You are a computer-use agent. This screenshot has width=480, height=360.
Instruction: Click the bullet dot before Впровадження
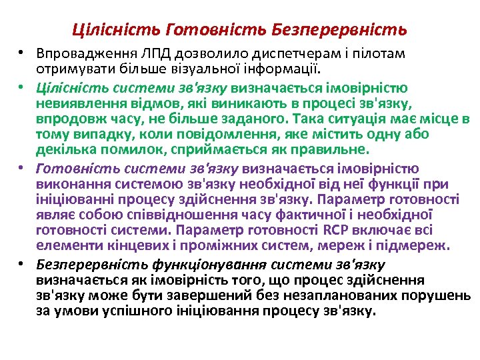point(22,53)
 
